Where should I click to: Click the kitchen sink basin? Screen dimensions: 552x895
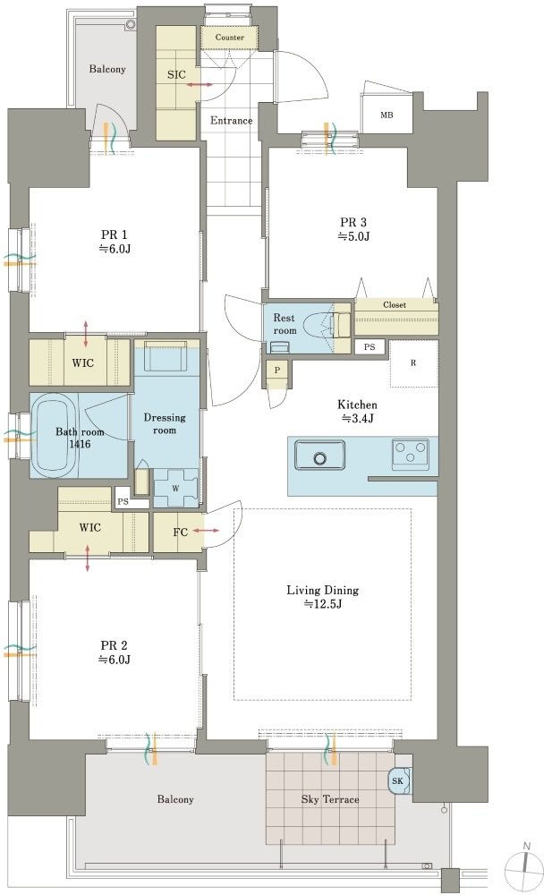pyautogui.click(x=319, y=455)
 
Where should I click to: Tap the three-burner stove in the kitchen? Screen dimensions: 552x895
pyautogui.click(x=411, y=455)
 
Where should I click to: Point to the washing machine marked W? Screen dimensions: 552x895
pyautogui.click(x=176, y=488)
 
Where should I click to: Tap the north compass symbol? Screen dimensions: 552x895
pyautogui.click(x=528, y=859)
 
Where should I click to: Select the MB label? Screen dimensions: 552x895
pyautogui.click(x=387, y=115)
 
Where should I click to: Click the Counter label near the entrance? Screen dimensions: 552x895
pyautogui.click(x=230, y=38)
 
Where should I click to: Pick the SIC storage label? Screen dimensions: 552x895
pyautogui.click(x=176, y=75)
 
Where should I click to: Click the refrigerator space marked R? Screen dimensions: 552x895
pyautogui.click(x=413, y=363)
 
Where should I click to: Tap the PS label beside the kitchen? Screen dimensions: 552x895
pyautogui.click(x=369, y=346)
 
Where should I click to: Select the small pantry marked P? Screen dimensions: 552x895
pyautogui.click(x=277, y=371)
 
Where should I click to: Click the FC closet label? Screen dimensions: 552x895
pyautogui.click(x=181, y=533)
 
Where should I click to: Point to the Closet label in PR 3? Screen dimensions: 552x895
pyautogui.click(x=395, y=305)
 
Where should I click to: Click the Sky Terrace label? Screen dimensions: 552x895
pyautogui.click(x=330, y=799)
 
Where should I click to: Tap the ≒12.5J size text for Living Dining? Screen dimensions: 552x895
pyautogui.click(x=323, y=604)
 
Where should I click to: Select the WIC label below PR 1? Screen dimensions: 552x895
pyautogui.click(x=83, y=363)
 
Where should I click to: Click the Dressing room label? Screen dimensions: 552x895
pyautogui.click(x=165, y=424)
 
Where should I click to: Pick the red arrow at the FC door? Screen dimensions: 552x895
pyautogui.click(x=206, y=531)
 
